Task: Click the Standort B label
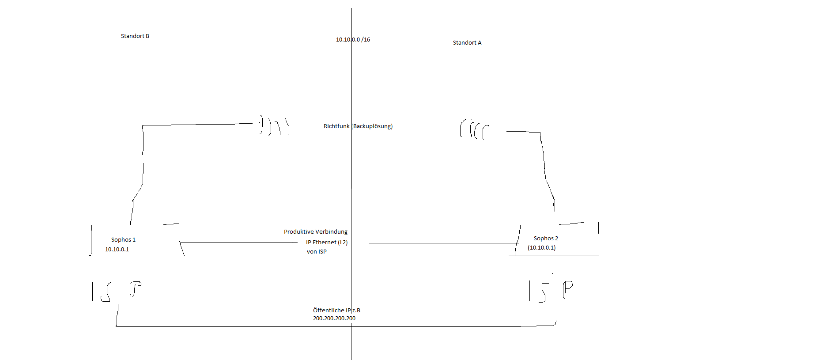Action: (135, 36)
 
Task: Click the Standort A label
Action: (467, 43)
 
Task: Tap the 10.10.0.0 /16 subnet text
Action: (353, 40)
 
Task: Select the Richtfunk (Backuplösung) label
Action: (358, 126)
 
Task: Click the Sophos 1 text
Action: (123, 240)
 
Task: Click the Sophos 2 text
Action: (546, 239)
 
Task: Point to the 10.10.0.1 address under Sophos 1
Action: (117, 250)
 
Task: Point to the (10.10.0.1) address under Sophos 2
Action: (542, 248)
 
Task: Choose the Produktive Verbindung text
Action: (316, 232)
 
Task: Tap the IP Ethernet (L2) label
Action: (327, 243)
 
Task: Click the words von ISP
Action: (317, 252)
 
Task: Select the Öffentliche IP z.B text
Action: (336, 311)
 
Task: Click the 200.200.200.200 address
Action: (334, 318)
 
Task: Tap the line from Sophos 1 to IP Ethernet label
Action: (239, 243)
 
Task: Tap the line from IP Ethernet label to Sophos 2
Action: (444, 243)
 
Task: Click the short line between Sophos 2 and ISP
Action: (553, 265)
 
